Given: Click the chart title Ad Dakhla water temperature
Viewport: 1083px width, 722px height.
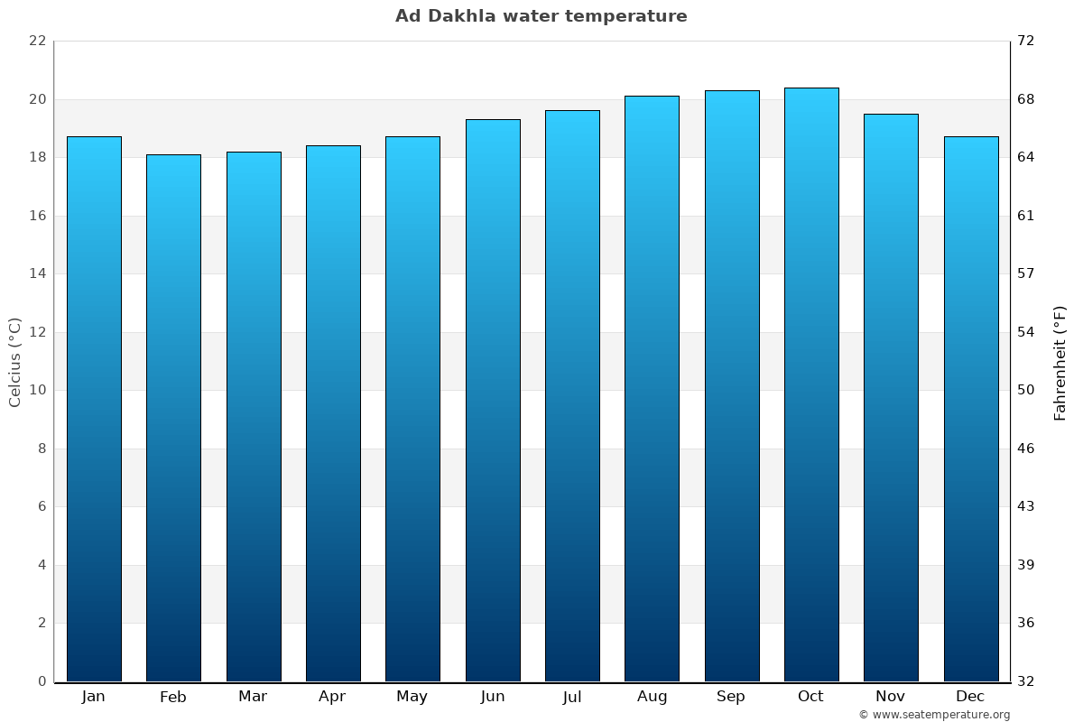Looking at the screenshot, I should [x=541, y=16].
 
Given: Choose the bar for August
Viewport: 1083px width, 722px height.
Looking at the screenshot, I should [x=652, y=389].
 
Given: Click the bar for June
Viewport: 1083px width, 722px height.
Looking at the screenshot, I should [x=493, y=401].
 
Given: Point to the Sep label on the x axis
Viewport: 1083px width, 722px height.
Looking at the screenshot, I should [x=731, y=697].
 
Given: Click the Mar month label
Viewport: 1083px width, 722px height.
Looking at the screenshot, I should [x=253, y=697].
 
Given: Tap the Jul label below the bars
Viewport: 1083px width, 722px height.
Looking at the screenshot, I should [x=572, y=697].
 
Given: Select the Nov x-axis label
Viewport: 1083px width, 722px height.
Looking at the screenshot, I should [x=891, y=697].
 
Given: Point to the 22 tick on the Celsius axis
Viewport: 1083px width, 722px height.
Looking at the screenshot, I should [x=37, y=42].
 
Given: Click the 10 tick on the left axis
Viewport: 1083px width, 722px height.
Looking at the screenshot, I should [x=37, y=391].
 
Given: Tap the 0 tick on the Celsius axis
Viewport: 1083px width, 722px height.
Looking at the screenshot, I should [x=42, y=681].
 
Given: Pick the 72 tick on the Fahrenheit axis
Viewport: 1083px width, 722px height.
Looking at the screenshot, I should [x=1026, y=42].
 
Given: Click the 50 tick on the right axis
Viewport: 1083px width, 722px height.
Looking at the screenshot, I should [x=1026, y=391].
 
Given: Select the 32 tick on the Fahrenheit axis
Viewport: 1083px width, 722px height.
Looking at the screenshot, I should [x=1026, y=681].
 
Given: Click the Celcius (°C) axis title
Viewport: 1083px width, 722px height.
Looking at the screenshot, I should [x=14, y=362].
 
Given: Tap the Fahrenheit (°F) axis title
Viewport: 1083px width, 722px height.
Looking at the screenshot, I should [x=1060, y=362].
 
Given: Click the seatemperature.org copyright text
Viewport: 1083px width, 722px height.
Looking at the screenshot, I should [x=934, y=715].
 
